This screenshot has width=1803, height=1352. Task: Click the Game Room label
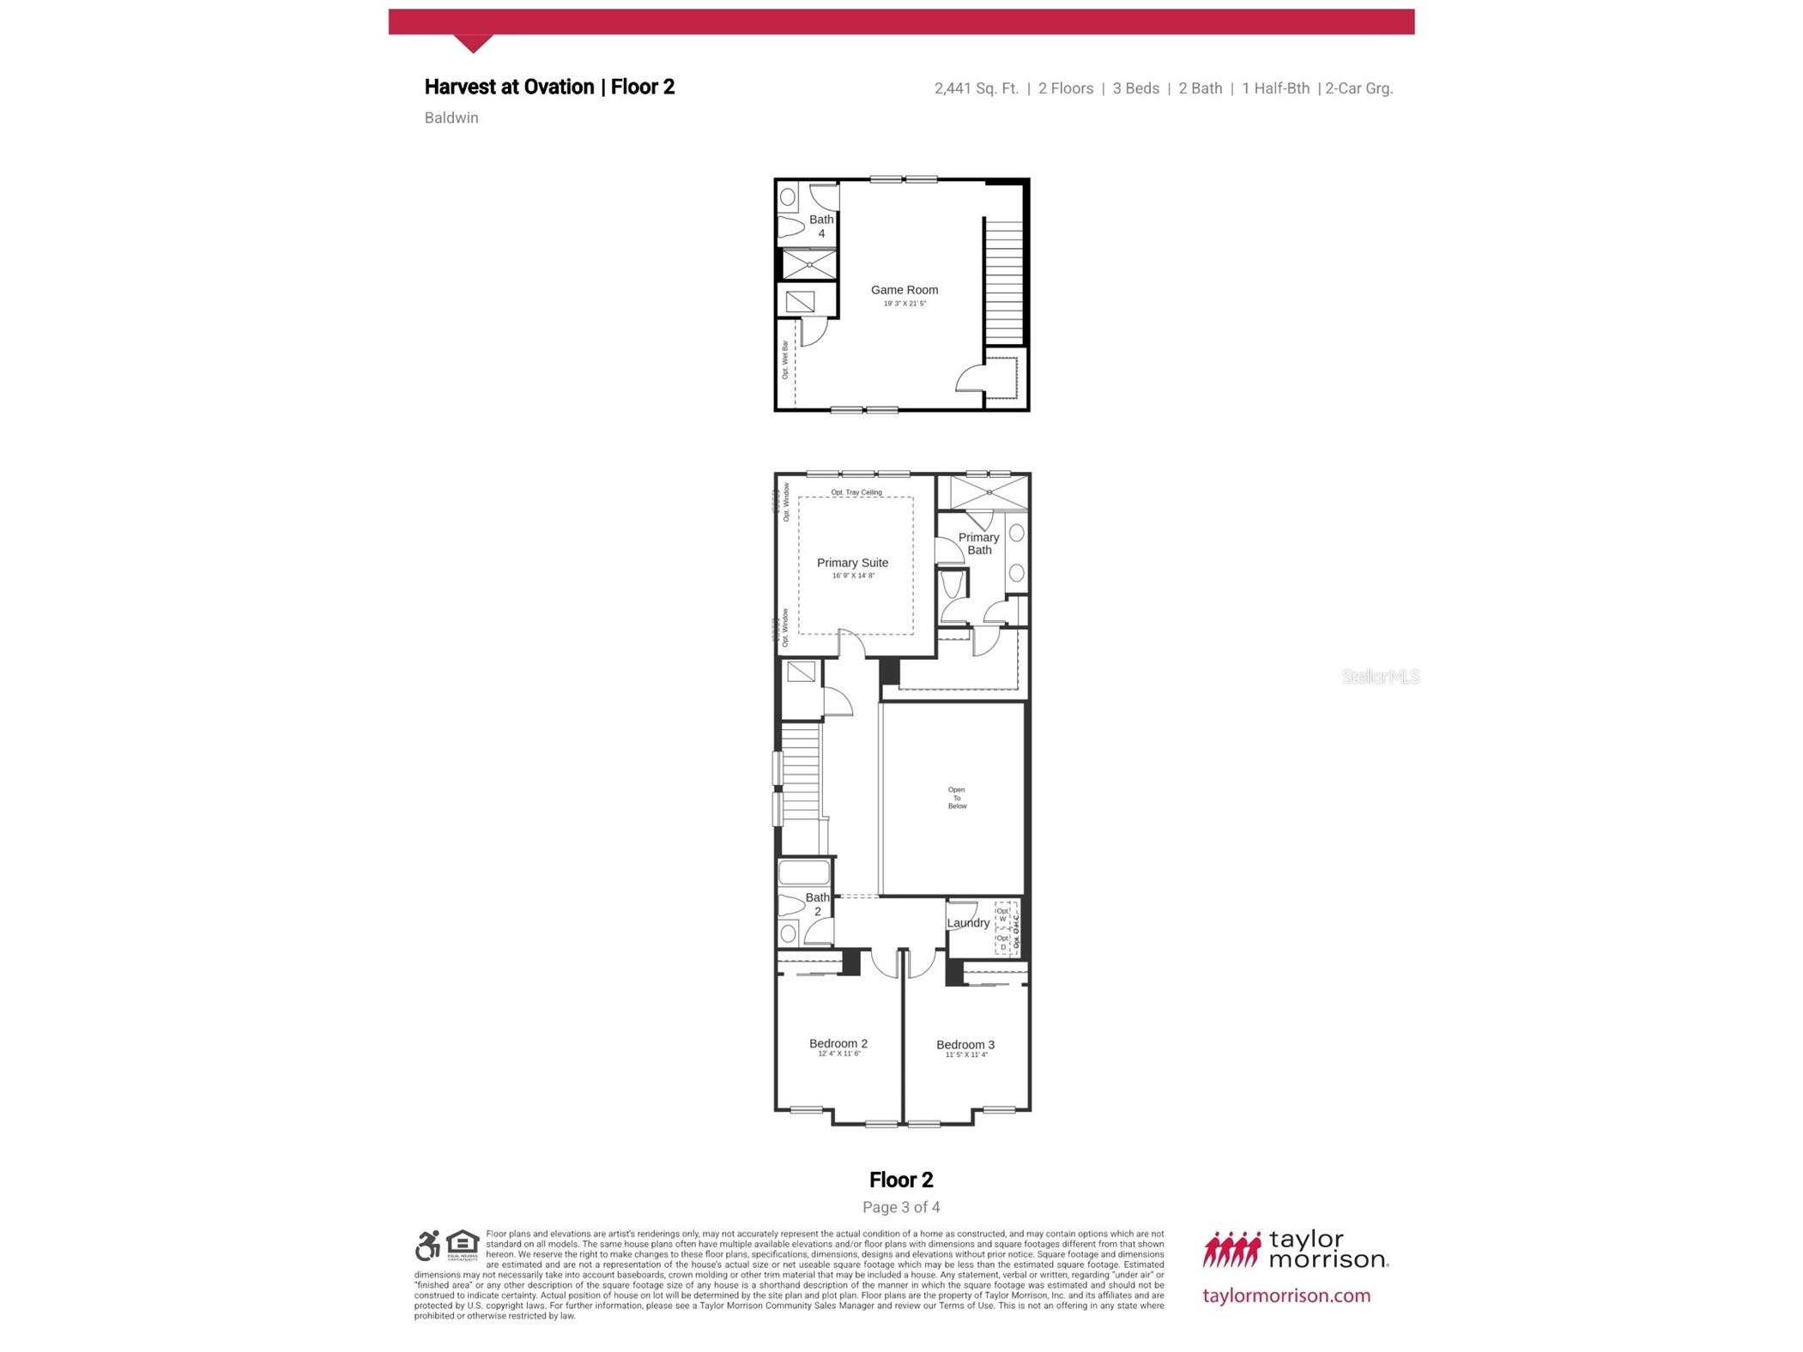904,290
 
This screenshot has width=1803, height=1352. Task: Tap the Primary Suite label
851,563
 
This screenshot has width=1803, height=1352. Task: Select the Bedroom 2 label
838,1043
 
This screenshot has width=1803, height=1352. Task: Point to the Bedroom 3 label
965,1044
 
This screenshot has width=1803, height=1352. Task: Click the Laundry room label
967,923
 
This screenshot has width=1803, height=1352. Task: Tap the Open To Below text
956,798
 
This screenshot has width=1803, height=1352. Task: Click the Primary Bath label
978,543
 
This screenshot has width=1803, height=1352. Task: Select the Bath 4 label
820,226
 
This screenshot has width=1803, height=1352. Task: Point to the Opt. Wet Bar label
784,360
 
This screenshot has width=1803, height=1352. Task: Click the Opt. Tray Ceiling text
856,492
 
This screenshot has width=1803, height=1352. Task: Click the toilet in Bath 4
790,227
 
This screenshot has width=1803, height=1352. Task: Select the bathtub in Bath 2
803,872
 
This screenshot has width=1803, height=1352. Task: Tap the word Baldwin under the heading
451,118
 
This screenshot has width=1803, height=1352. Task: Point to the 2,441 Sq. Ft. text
976,88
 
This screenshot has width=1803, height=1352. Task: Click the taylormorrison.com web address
1286,1295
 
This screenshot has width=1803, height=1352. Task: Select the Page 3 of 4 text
900,1207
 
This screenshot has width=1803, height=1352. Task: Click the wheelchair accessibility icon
427,1245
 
